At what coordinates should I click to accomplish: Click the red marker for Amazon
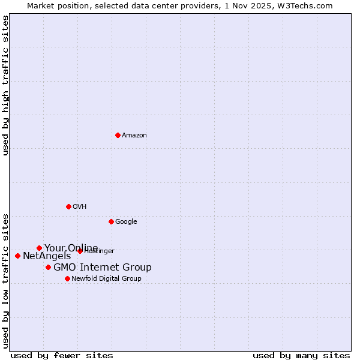118,135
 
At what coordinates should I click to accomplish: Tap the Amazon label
134,136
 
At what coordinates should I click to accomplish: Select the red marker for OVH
68,206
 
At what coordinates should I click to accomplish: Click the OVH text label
80,207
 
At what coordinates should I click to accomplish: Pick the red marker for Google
111,221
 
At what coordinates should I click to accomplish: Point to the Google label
126,222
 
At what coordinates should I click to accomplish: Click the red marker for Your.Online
39,248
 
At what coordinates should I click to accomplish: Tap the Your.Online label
71,248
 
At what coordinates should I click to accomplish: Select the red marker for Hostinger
80,251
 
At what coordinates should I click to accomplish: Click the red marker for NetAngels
17,256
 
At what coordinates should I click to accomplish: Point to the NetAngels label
47,256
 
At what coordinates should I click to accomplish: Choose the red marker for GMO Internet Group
48,267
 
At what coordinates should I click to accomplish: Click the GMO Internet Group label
103,268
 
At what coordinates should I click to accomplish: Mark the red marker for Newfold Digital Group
67,278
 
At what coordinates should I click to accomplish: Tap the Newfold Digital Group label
106,279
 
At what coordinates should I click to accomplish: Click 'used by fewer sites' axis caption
62,356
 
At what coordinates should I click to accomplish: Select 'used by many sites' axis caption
301,356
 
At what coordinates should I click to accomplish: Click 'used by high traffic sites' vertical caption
5,85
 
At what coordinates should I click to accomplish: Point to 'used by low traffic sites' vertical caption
5,280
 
